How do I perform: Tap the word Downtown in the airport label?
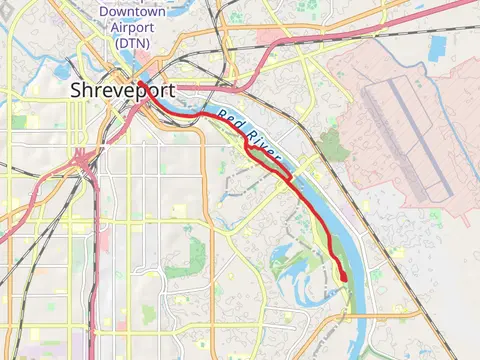click(x=132, y=13)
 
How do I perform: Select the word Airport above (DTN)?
click(x=132, y=28)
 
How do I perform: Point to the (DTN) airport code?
click(x=132, y=43)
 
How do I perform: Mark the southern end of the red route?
click(x=343, y=279)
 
